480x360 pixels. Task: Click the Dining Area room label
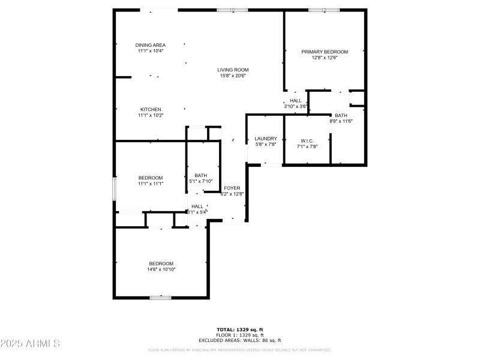pyautogui.click(x=150, y=45)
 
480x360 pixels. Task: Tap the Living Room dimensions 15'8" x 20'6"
pyautogui.click(x=233, y=76)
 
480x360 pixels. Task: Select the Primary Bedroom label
pyautogui.click(x=325, y=52)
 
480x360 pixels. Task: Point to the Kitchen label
pyautogui.click(x=151, y=109)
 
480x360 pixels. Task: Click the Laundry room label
pyautogui.click(x=265, y=139)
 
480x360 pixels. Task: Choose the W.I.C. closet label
pyautogui.click(x=307, y=140)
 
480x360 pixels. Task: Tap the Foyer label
pyautogui.click(x=232, y=188)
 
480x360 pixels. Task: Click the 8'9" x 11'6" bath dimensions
pyautogui.click(x=341, y=121)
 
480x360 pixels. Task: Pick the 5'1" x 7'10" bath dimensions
pyautogui.click(x=200, y=181)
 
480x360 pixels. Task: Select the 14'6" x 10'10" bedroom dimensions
pyautogui.click(x=161, y=269)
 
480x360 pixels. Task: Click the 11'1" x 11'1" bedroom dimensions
pyautogui.click(x=151, y=184)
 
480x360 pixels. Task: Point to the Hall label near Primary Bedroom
pyautogui.click(x=296, y=100)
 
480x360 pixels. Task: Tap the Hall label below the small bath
pyautogui.click(x=197, y=206)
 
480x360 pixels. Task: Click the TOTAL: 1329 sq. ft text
pyautogui.click(x=240, y=329)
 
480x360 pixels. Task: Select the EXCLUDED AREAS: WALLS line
pyautogui.click(x=240, y=340)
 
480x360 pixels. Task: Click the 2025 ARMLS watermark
pyautogui.click(x=30, y=344)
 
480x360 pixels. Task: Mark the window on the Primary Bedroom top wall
pyautogui.click(x=324, y=10)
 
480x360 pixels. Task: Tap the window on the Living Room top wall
pyautogui.click(x=232, y=10)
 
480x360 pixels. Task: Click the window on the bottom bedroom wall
pyautogui.click(x=161, y=297)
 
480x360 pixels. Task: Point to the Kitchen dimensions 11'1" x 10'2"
pyautogui.click(x=151, y=115)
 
